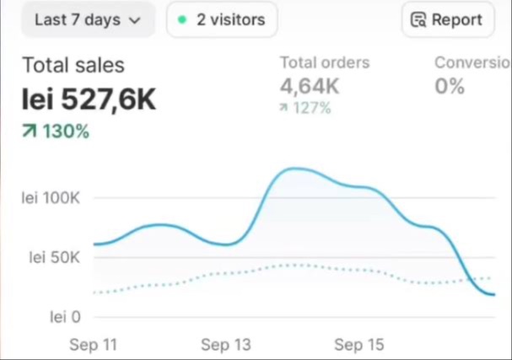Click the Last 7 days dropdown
tap(88, 19)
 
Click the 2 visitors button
tap(222, 19)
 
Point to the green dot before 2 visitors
tap(181, 19)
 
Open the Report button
tap(447, 19)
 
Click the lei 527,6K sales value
tap(89, 99)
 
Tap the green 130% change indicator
tap(56, 131)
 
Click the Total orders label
tap(325, 62)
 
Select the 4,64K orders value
tap(310, 85)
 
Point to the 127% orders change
tap(305, 108)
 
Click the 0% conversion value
tap(450, 85)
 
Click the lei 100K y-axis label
tap(51, 198)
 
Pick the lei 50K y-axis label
tap(54, 258)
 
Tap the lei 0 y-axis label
tap(64, 317)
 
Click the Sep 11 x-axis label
tap(93, 345)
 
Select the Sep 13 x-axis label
tap(226, 345)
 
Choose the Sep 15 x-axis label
tap(359, 345)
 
